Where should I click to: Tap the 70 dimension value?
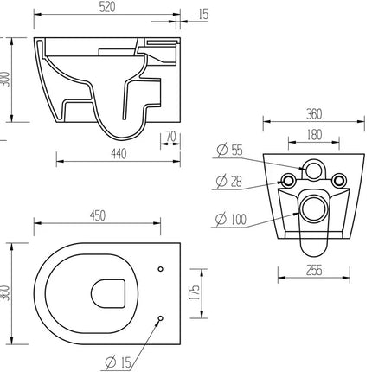170,137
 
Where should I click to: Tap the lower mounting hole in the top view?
161,321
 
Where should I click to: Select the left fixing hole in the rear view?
286,180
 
